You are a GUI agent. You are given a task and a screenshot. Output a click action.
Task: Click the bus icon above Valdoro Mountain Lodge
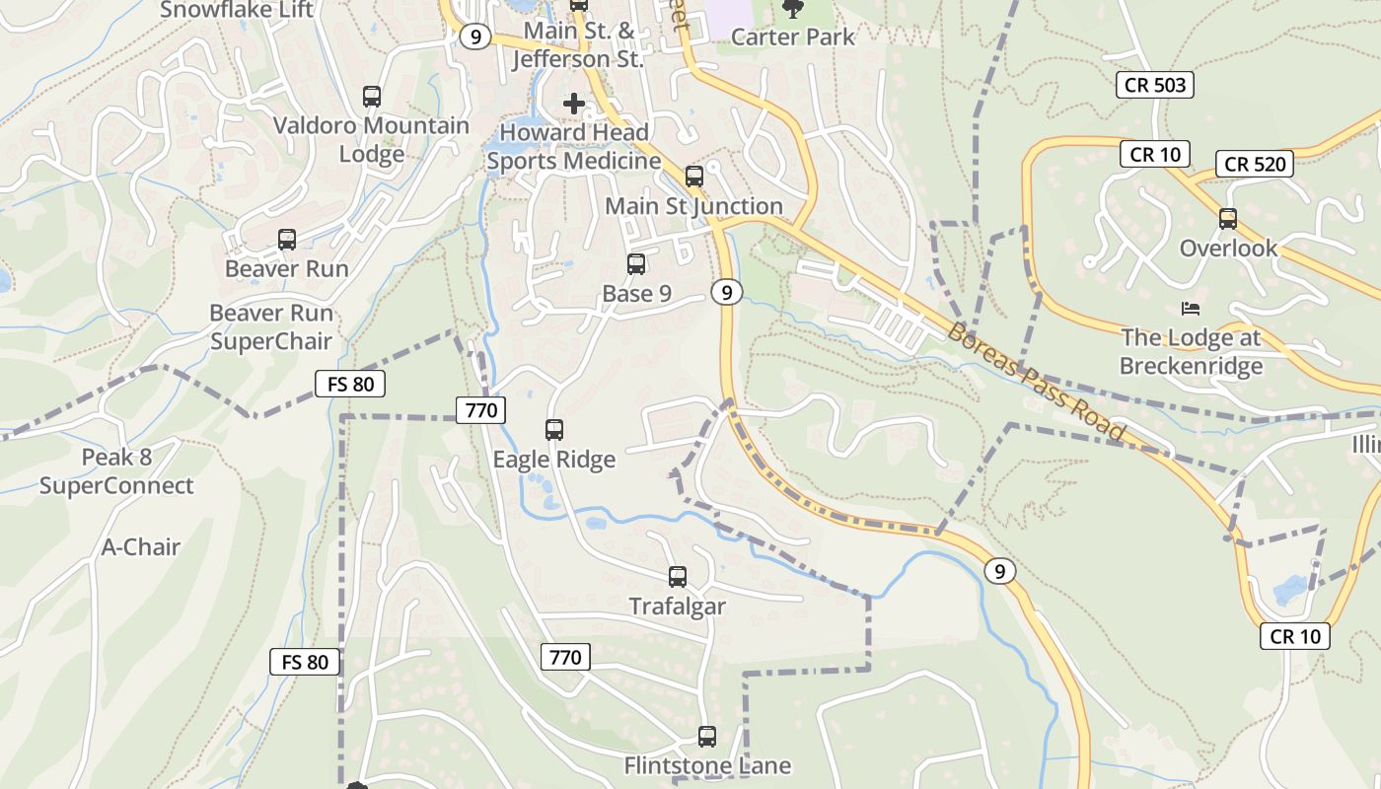(x=372, y=97)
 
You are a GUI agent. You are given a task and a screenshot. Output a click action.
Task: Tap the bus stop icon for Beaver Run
(x=287, y=240)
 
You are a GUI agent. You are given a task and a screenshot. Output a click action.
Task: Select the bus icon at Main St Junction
(x=694, y=177)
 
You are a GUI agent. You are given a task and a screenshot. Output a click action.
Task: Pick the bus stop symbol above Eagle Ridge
(x=554, y=430)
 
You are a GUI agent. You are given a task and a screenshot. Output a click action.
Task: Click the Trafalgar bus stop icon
(x=678, y=577)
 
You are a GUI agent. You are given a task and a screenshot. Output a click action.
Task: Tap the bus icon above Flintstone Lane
(x=707, y=736)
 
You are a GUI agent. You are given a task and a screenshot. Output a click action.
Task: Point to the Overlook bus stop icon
(x=1228, y=219)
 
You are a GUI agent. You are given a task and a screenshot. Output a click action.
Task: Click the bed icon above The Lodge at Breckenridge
(x=1191, y=309)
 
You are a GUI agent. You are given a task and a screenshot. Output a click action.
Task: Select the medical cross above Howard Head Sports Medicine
(x=574, y=103)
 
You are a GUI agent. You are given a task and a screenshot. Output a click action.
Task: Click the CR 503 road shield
(x=1155, y=85)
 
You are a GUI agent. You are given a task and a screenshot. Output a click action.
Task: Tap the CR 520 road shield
(x=1254, y=164)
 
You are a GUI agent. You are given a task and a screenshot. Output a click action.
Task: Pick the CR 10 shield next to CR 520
(x=1155, y=154)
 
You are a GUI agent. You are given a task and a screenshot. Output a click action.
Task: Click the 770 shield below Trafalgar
(x=565, y=657)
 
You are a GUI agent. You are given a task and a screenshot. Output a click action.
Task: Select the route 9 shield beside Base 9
(x=726, y=292)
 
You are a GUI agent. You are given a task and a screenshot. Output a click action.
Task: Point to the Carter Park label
(x=793, y=36)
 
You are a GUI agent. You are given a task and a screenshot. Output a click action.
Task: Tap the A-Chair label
(x=141, y=546)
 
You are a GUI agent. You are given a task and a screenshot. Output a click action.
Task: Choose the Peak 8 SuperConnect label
(x=116, y=471)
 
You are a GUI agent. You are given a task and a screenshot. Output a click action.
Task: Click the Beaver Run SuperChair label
(x=271, y=327)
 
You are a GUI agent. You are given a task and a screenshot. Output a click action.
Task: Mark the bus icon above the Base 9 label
(x=636, y=264)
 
